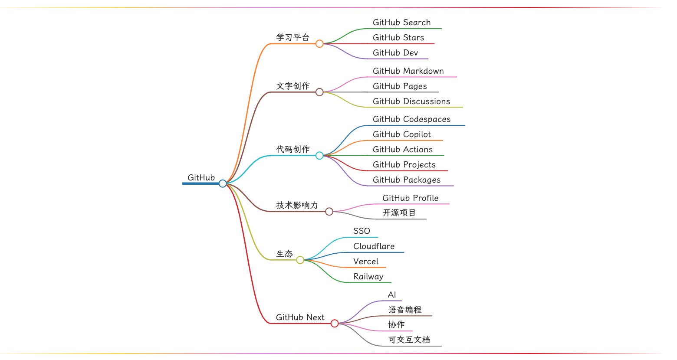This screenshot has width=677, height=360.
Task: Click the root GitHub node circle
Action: click(x=223, y=183)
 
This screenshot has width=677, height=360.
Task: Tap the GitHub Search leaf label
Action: click(x=401, y=23)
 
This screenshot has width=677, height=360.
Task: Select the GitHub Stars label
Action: click(x=398, y=38)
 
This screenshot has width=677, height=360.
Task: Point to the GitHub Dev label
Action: click(x=395, y=53)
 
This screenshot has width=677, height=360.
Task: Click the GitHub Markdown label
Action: click(x=408, y=71)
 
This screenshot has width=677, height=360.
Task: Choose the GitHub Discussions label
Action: click(x=411, y=101)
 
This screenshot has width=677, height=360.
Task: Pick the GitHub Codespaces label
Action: click(x=411, y=119)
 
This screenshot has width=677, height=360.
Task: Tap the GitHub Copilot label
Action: click(x=401, y=134)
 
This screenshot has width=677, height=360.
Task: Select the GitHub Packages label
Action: click(x=406, y=180)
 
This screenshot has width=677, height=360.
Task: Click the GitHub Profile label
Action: click(x=410, y=198)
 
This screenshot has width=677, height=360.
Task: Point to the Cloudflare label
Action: click(x=374, y=246)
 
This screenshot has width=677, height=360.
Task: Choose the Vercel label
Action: click(x=365, y=262)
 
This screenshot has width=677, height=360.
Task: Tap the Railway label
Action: click(x=368, y=277)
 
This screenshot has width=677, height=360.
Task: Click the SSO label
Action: click(x=361, y=231)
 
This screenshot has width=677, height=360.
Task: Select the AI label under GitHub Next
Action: click(x=391, y=295)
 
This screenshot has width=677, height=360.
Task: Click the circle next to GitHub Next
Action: click(x=335, y=323)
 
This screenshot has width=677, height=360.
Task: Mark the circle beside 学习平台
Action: click(x=319, y=43)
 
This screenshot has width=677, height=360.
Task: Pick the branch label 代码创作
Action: click(x=293, y=149)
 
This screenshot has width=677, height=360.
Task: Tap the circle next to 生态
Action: click(x=300, y=260)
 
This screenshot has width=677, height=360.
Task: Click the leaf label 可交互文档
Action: click(x=409, y=340)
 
